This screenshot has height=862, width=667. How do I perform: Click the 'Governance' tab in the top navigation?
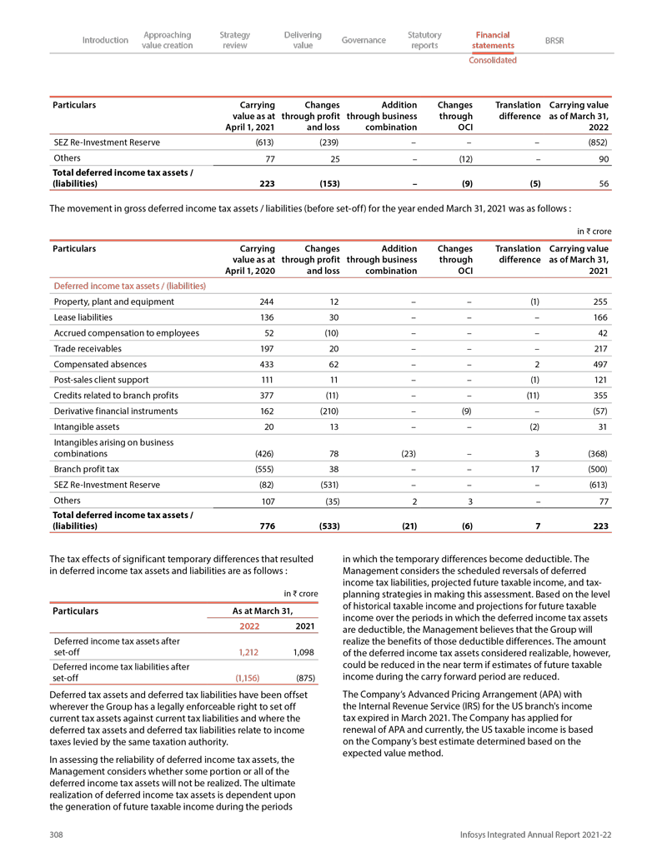click(364, 40)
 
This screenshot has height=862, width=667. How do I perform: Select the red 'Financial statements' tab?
click(492, 40)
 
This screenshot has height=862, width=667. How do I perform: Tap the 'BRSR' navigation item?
click(554, 40)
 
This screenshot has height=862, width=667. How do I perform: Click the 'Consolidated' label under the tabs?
click(492, 60)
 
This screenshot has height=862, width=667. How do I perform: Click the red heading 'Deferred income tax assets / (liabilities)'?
click(129, 286)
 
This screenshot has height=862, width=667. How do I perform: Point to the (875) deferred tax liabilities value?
click(305, 678)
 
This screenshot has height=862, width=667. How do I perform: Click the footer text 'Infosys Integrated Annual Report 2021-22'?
click(534, 835)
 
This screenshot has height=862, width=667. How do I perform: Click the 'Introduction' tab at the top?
click(105, 40)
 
